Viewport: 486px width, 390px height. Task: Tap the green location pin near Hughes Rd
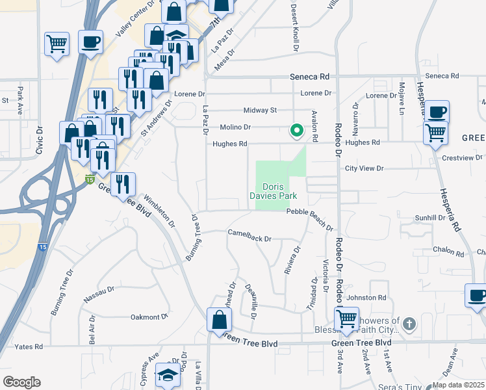297,131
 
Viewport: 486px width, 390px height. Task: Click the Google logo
21,382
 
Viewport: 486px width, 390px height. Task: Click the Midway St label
260,110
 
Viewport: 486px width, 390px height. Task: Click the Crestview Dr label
462,158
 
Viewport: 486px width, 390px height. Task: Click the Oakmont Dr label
149,317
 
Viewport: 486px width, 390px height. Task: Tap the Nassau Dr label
99,294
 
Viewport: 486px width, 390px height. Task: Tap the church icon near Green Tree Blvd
409,323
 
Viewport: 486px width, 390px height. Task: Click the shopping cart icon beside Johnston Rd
346,318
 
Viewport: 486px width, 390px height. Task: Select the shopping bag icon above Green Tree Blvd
219,318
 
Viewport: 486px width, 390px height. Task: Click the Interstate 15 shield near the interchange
89,178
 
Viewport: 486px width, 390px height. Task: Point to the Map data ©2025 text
458,385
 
